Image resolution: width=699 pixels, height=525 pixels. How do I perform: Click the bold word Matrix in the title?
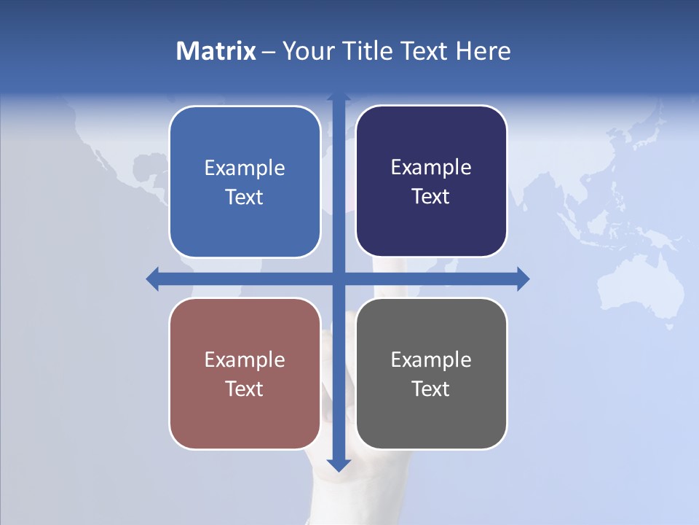[x=216, y=51]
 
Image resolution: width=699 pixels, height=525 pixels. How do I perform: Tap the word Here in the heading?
[x=483, y=51]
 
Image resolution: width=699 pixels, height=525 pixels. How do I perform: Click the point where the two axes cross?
[x=339, y=279]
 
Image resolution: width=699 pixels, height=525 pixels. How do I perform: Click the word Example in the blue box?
[x=245, y=168]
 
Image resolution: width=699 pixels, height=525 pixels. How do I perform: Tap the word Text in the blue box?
[x=245, y=197]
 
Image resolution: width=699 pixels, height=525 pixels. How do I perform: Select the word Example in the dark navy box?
[x=431, y=168]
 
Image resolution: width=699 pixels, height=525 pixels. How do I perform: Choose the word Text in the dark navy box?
[x=431, y=196]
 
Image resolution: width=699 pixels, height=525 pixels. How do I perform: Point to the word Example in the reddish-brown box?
[x=245, y=359]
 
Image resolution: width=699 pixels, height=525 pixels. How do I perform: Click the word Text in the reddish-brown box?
[x=245, y=389]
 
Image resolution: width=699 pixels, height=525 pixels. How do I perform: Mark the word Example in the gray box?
[x=431, y=359]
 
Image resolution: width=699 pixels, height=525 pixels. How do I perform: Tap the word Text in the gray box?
[x=431, y=389]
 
